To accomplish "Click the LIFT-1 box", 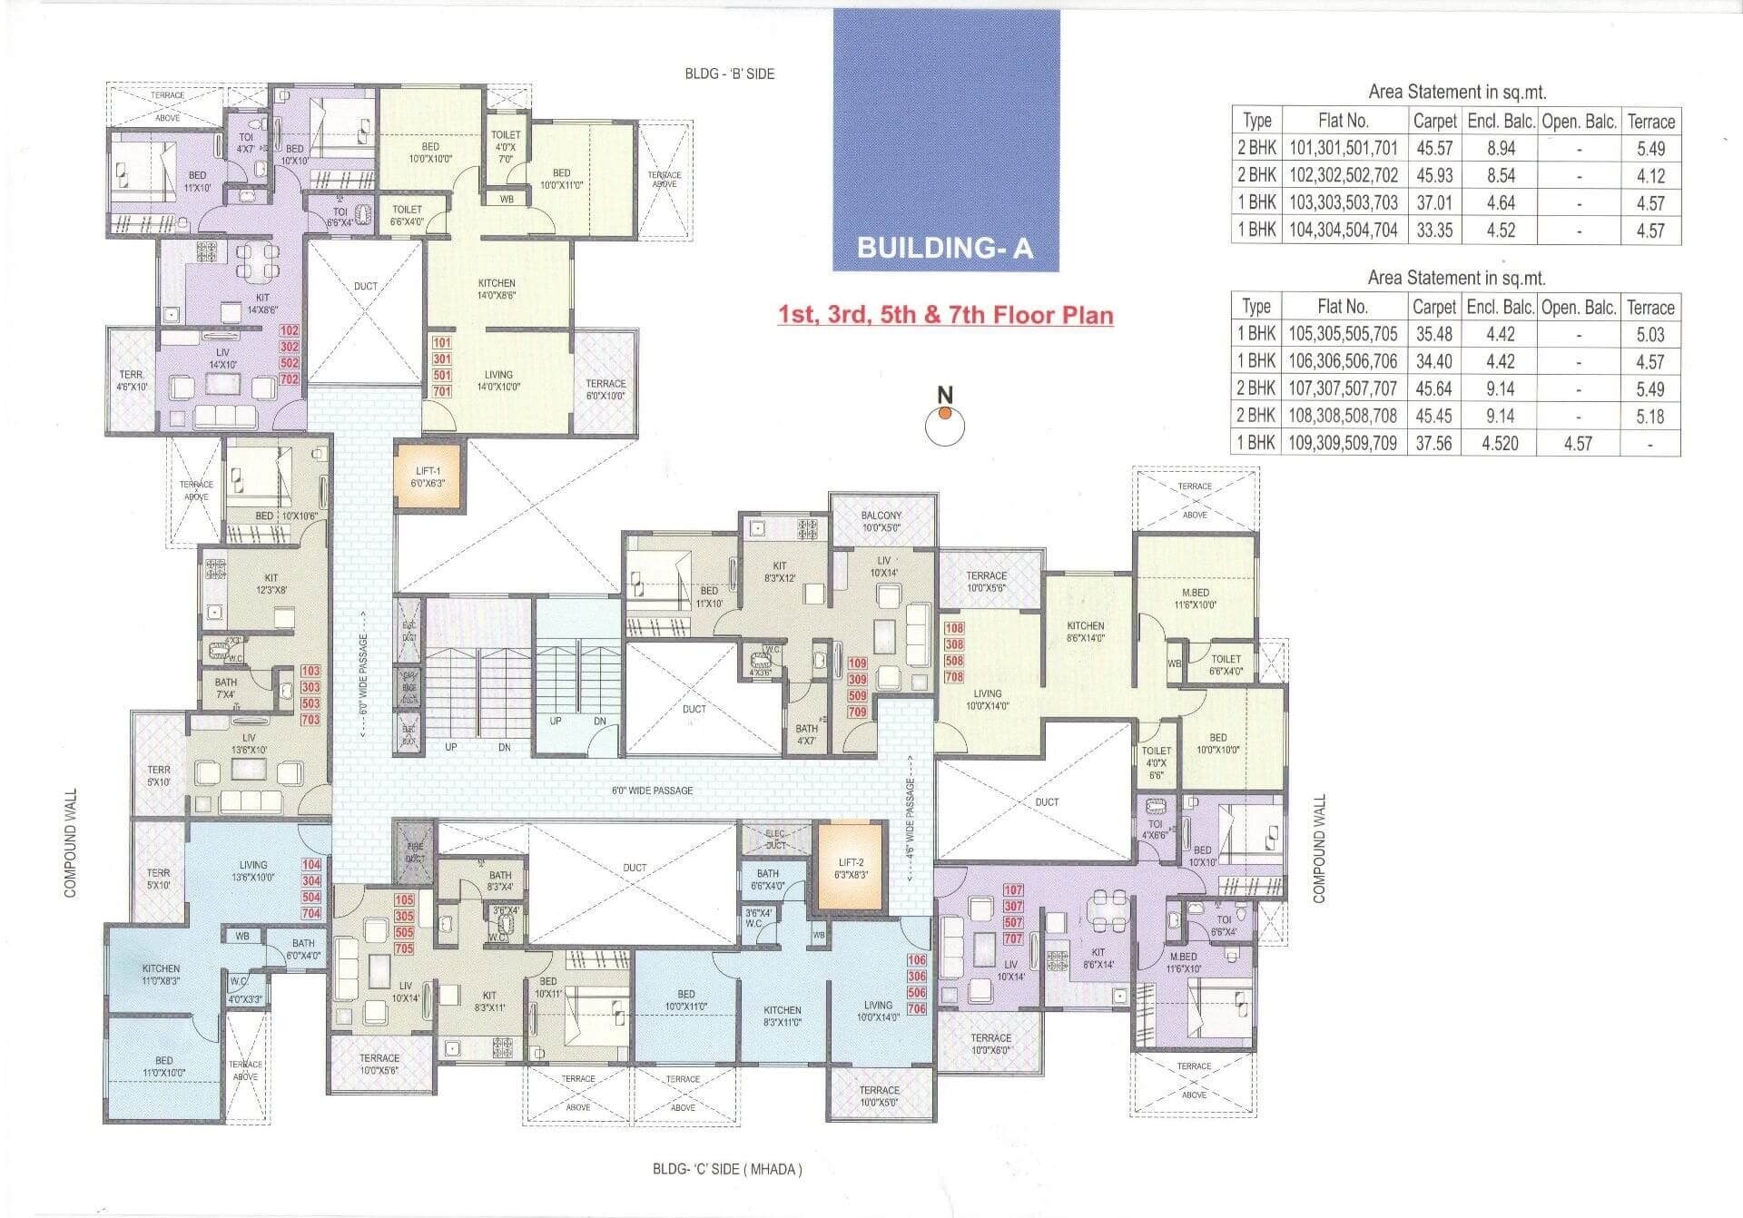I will click(x=428, y=476).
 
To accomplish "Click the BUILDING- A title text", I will click(x=945, y=248).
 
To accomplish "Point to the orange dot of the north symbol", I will click(x=945, y=414).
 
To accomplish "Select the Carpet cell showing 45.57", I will click(x=1434, y=148).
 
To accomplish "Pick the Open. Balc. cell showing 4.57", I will click(x=1578, y=444).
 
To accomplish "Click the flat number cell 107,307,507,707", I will click(x=1343, y=388).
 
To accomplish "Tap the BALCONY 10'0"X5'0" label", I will click(x=881, y=521).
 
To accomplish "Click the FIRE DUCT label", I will click(x=415, y=852).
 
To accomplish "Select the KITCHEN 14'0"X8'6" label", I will click(x=497, y=290).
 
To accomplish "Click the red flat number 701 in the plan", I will click(x=442, y=392).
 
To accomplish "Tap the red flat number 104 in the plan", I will click(x=311, y=865).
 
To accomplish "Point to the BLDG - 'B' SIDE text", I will click(x=729, y=74).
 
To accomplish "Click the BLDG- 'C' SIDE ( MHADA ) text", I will click(x=727, y=1169).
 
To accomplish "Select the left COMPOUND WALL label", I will click(x=71, y=843).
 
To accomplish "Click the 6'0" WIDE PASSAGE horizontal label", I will click(x=652, y=791).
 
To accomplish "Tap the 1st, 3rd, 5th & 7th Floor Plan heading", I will click(x=945, y=315).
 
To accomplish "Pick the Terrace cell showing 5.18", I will click(x=1649, y=417).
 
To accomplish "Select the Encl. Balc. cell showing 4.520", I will click(x=1500, y=444).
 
